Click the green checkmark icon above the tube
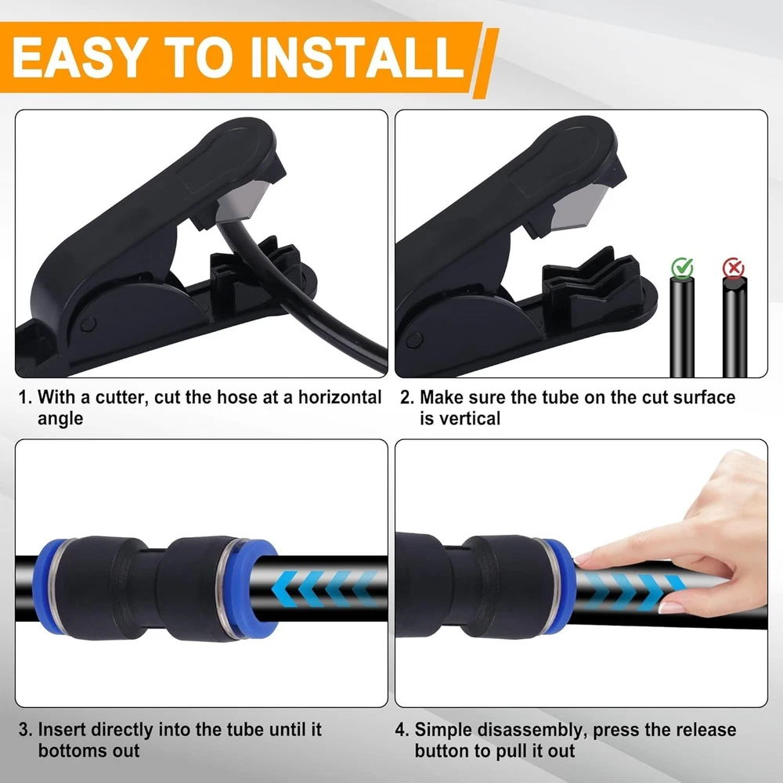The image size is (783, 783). tap(682, 268)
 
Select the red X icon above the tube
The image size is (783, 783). tap(734, 268)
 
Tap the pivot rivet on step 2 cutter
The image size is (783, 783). tap(414, 341)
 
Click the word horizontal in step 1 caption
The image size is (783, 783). tap(340, 398)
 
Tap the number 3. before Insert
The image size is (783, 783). tap(26, 730)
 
